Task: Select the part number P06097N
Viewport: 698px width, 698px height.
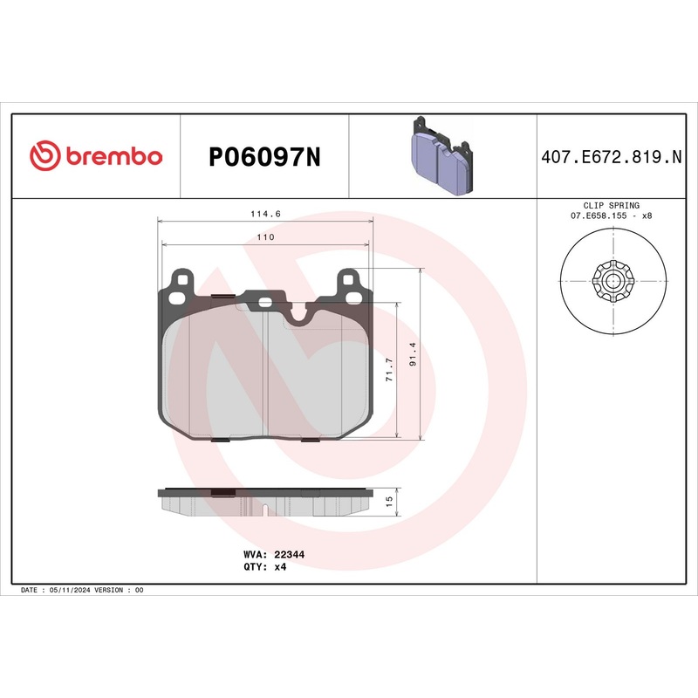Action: point(264,157)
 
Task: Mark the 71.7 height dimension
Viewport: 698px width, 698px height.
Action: point(389,369)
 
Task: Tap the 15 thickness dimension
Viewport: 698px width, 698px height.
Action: point(389,501)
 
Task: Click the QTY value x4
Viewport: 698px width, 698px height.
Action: point(280,566)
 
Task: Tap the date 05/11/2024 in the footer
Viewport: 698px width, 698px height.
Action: point(72,590)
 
